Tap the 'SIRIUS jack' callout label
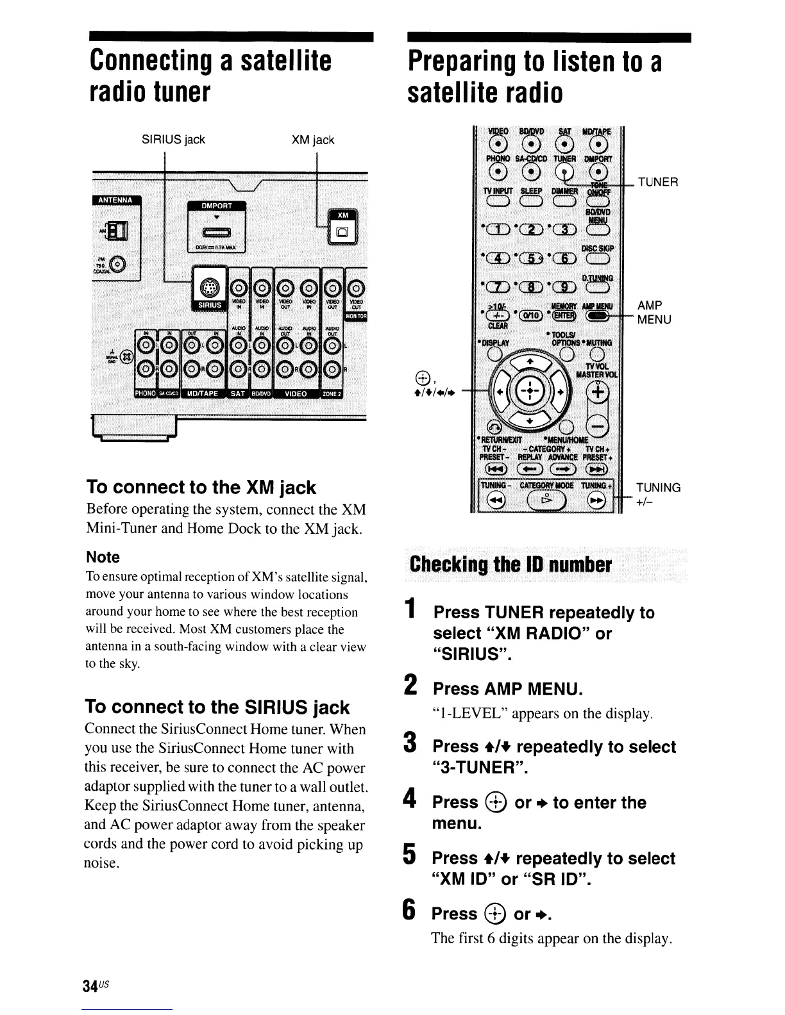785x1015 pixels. tap(174, 140)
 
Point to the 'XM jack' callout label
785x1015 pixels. tap(312, 140)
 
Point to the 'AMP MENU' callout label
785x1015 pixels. tap(654, 312)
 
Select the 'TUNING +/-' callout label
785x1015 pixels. tap(658, 494)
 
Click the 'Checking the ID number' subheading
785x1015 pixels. tap(511, 565)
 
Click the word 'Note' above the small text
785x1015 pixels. tap(103, 557)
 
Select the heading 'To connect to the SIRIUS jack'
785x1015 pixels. tap(217, 707)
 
